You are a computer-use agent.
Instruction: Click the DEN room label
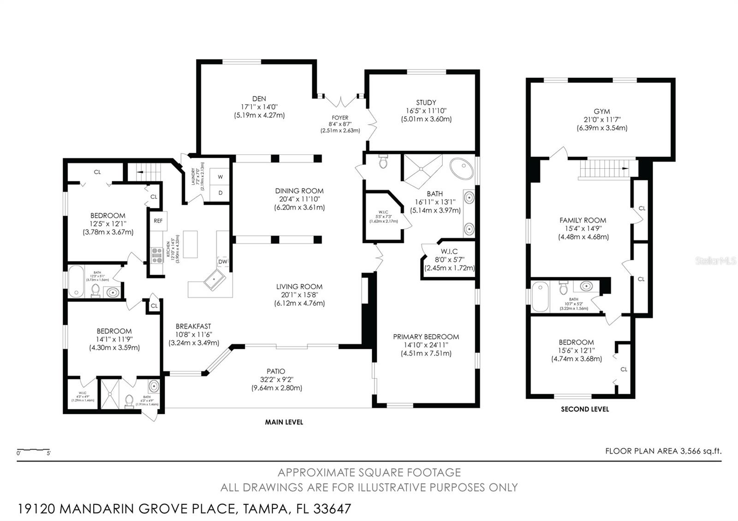point(259,99)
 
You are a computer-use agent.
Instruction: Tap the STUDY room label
point(426,102)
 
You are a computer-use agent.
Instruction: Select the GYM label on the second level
point(601,111)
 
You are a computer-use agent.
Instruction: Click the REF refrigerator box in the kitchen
point(158,221)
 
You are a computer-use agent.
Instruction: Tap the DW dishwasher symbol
point(223,262)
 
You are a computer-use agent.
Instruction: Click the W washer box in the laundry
point(220,177)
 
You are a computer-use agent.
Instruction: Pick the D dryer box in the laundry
point(220,193)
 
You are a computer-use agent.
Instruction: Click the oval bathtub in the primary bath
point(461,169)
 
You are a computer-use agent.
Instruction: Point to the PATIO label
point(275,371)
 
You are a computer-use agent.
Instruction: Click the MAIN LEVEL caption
point(284,422)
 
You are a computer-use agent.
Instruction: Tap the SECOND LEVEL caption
point(584,409)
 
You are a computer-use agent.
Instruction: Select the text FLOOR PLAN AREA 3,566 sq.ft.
point(663,451)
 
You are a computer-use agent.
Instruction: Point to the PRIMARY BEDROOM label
point(426,337)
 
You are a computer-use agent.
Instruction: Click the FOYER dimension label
point(340,124)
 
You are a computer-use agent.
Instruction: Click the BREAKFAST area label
point(193,326)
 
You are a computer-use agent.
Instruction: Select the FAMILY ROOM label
point(583,220)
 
